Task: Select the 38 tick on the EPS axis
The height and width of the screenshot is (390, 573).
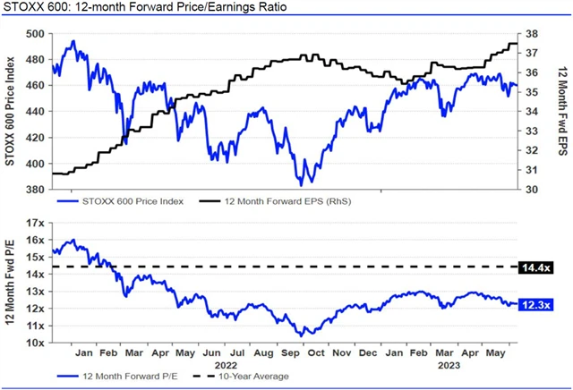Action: (x=530, y=33)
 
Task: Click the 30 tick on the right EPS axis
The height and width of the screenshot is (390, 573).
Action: (x=530, y=190)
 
